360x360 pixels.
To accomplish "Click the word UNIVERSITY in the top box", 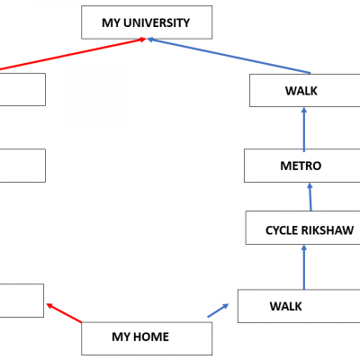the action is coord(157,22).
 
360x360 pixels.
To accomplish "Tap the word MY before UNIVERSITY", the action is coord(111,22).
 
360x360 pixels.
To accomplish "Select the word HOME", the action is coord(151,337).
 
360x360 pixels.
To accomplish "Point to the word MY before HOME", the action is coord(121,337).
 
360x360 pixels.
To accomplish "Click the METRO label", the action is coord(301,166).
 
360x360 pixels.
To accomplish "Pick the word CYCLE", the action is coord(282,230).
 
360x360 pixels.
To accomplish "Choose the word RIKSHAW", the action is coord(328,230).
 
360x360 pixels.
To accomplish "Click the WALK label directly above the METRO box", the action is coord(301,91).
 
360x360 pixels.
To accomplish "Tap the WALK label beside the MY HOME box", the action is coord(285,306).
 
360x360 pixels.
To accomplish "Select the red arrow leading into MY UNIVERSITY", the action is coord(73,54).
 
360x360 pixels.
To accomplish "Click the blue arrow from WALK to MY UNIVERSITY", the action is coord(229,56).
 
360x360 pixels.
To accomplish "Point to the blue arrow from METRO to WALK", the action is coord(304,130).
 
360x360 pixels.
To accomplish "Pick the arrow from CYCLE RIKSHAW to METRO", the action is coord(310,197).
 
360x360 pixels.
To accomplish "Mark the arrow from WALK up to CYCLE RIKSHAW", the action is coord(304,267).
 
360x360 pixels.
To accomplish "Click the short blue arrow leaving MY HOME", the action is coord(218,310).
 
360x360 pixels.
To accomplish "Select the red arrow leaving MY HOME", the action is coord(64,313).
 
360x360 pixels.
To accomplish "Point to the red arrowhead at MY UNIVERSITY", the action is coord(142,40).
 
